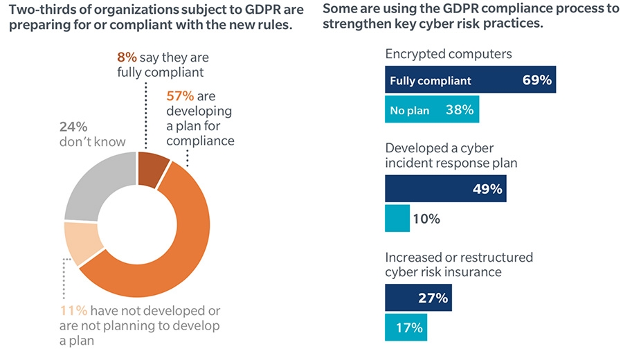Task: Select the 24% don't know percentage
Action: (73, 126)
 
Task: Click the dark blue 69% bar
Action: (470, 80)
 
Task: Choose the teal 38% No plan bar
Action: (431, 110)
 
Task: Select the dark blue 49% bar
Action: (445, 189)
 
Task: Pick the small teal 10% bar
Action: (397, 219)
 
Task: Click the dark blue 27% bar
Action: (416, 298)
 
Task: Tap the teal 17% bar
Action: (406, 327)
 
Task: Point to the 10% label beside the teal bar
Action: (427, 219)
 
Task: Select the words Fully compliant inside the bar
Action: (430, 80)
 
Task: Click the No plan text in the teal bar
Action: (409, 110)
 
